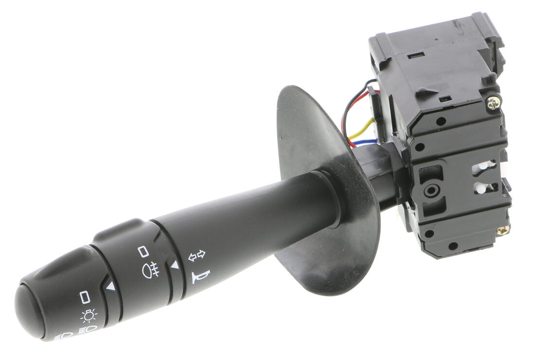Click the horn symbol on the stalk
coord(200,276)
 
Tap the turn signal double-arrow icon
coord(197,254)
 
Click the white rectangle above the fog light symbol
coord(143,251)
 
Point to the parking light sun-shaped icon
coord(89,316)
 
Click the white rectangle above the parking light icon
coord(85,296)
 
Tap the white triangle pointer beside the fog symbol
coord(174,265)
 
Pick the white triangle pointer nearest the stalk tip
coord(110,287)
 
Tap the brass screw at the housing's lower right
coord(503,229)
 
